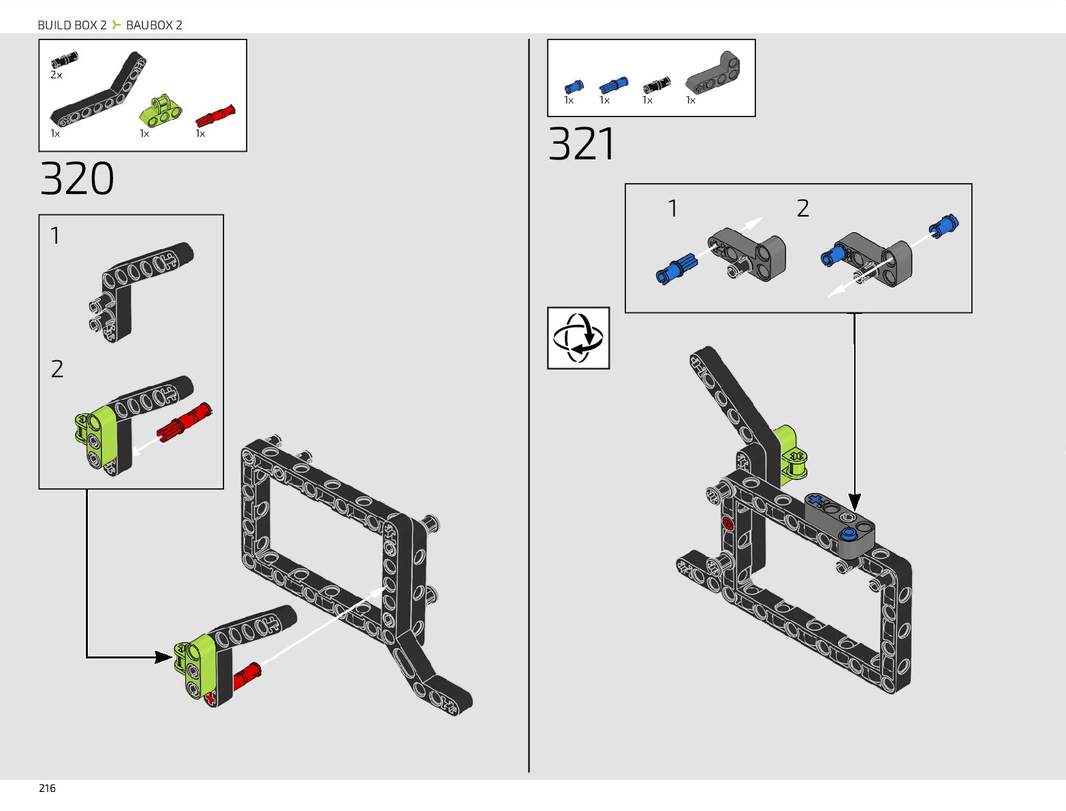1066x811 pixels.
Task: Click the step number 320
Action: (77, 179)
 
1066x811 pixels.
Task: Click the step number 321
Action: (582, 144)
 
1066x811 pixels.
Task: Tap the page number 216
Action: (47, 788)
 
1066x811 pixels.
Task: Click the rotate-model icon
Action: (578, 338)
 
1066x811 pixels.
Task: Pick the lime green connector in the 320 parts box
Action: (161, 111)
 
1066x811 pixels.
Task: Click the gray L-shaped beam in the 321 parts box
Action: (714, 74)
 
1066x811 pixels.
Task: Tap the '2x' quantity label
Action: (57, 75)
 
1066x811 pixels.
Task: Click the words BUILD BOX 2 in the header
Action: (72, 25)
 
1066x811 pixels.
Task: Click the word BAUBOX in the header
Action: (149, 25)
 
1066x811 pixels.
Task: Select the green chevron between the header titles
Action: (116, 25)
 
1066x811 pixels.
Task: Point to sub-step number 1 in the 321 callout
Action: (673, 208)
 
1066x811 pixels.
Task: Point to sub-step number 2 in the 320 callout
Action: (57, 369)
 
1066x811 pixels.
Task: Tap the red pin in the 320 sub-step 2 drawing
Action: (185, 422)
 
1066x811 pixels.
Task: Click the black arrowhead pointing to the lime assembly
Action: (163, 657)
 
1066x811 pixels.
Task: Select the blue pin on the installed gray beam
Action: (849, 533)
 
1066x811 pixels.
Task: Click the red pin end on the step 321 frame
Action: (727, 524)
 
